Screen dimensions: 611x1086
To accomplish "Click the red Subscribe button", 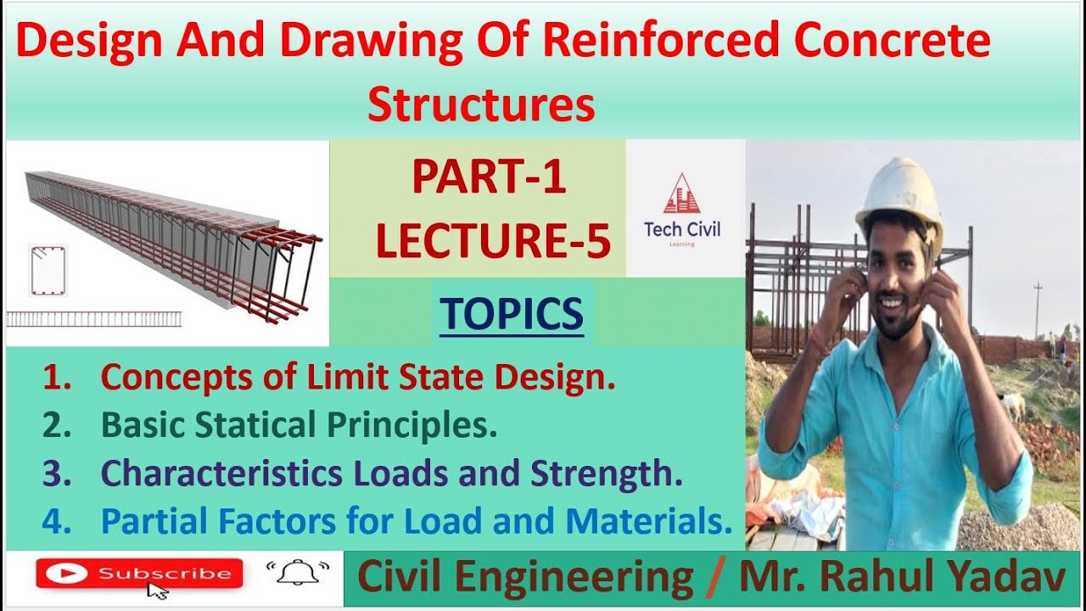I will [139, 574].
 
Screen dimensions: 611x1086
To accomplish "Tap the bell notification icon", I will [296, 575].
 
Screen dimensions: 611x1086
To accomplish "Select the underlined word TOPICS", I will [512, 314].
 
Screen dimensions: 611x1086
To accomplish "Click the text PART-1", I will [489, 179].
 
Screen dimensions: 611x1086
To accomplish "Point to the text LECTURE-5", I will [493, 241].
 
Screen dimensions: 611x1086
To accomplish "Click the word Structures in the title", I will [481, 106].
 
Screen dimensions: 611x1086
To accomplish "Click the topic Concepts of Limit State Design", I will [357, 378].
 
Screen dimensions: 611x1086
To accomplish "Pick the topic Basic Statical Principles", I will [299, 426].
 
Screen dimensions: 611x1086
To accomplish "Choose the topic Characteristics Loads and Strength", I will [391, 474].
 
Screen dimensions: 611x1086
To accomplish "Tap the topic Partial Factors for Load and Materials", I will [416, 522].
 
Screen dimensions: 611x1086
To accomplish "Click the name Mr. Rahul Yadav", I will [902, 579].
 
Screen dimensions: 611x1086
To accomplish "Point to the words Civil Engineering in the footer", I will [525, 579].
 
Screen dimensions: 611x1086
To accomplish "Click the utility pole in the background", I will [1038, 311].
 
